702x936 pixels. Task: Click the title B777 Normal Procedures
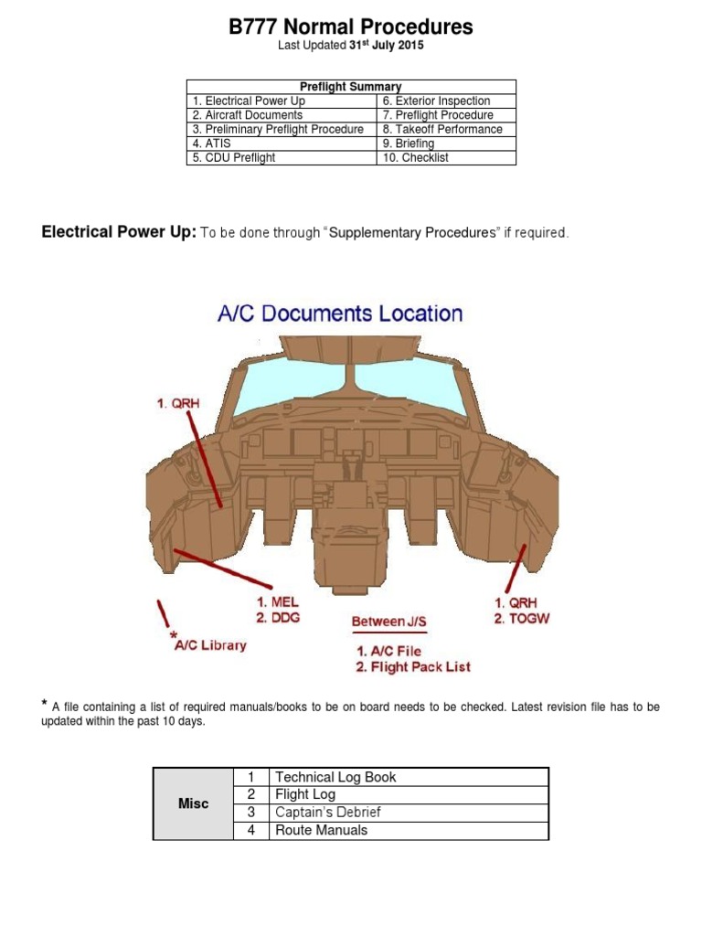(x=351, y=27)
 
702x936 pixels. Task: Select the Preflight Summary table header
(x=351, y=87)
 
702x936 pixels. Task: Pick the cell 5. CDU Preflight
(x=233, y=157)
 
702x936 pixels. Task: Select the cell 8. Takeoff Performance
(x=442, y=129)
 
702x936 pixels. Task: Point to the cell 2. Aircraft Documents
(x=247, y=115)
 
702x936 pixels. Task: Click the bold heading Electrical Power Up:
(x=119, y=232)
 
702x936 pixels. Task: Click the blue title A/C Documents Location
(x=340, y=314)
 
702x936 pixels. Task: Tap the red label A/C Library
(x=210, y=645)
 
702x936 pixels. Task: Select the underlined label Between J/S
(x=389, y=622)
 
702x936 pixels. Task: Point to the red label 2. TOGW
(x=522, y=619)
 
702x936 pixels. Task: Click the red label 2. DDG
(x=278, y=618)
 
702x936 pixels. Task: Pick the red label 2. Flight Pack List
(x=413, y=667)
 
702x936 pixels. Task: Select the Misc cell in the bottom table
(x=193, y=803)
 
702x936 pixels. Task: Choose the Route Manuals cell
(x=322, y=830)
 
